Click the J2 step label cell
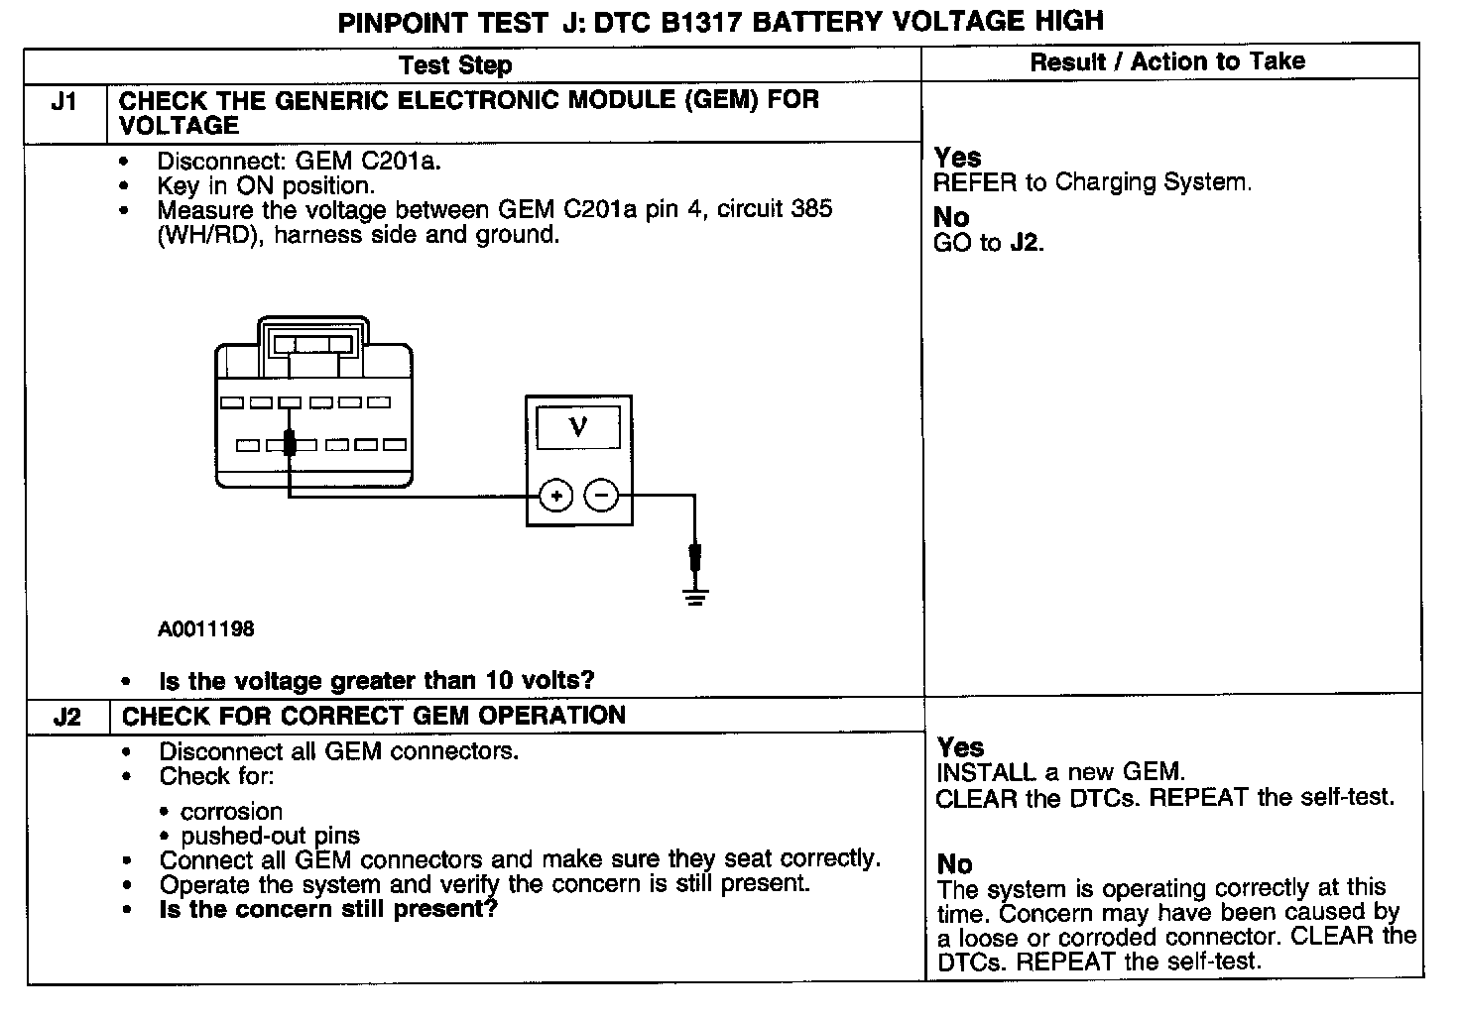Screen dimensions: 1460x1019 (66, 717)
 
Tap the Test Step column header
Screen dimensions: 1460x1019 (455, 65)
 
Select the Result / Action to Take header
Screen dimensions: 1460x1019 (1167, 61)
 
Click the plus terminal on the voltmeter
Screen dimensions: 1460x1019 (556, 495)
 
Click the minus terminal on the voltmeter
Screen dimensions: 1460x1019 (601, 495)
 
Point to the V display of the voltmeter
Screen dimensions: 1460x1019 (578, 426)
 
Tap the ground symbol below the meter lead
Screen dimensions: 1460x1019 (695, 596)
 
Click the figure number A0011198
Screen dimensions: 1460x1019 (205, 628)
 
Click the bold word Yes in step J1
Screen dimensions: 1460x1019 (957, 158)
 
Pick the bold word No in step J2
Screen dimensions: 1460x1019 (954, 864)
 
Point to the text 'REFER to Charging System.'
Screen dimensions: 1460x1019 (1092, 182)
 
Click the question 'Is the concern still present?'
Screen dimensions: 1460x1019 (327, 909)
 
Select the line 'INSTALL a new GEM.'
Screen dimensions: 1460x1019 (1059, 772)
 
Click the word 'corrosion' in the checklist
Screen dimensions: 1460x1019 (231, 811)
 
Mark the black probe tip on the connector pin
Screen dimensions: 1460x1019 (290, 442)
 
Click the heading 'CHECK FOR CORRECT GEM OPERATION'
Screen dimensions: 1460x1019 (374, 716)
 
